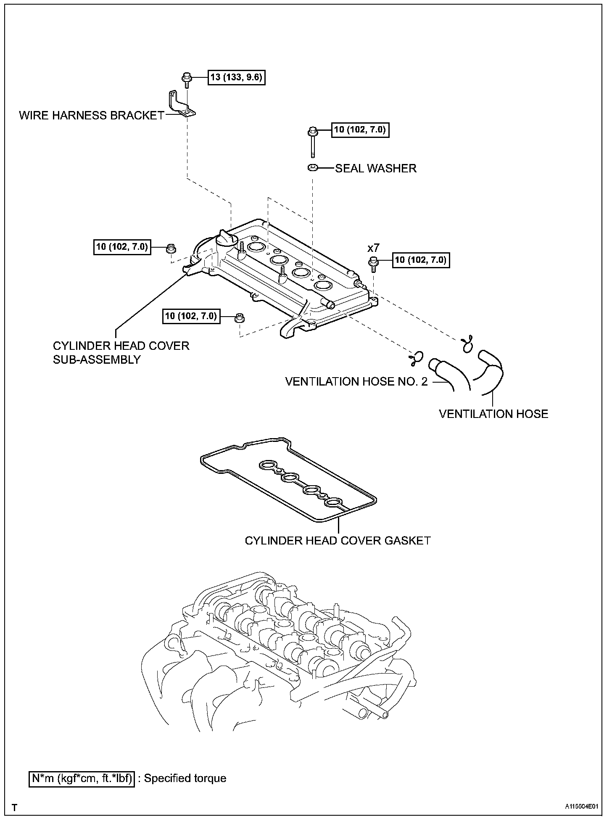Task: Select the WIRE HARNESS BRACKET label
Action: pos(91,115)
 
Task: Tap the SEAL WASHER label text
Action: pos(375,168)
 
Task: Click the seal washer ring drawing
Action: pos(312,168)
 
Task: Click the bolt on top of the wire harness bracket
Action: pos(187,79)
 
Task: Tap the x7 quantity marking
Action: pos(373,248)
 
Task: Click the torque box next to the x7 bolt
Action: pos(420,260)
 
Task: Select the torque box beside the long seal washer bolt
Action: pos(359,130)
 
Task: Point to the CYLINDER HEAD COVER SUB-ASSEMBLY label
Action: pos(121,352)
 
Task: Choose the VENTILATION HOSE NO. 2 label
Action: pos(356,381)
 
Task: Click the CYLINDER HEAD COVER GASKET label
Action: pos(338,540)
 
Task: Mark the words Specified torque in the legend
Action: pos(185,778)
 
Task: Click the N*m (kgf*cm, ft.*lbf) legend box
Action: pos(82,779)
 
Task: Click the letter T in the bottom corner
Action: pos(15,807)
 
